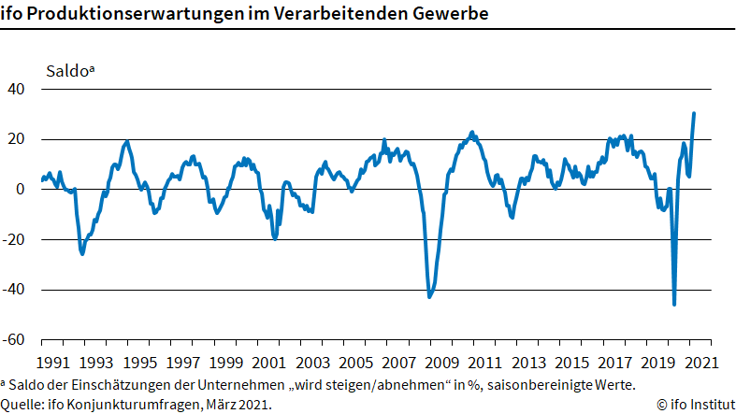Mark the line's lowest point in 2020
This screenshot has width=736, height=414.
pyautogui.click(x=674, y=304)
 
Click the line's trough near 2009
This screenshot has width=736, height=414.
pyautogui.click(x=429, y=297)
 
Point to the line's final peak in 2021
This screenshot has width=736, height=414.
pyautogui.click(x=694, y=113)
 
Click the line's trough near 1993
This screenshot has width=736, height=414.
pyautogui.click(x=82, y=253)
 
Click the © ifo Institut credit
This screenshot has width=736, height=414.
pyautogui.click(x=696, y=405)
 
